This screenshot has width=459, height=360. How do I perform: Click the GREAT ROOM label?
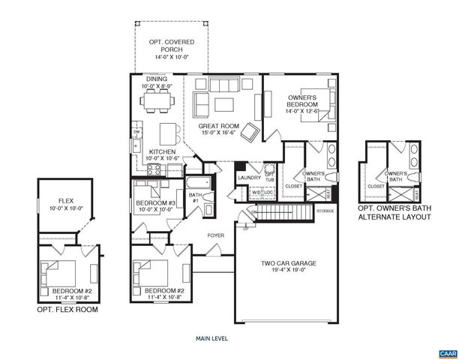pyautogui.click(x=217, y=130)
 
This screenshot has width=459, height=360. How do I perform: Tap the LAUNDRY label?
pyautogui.click(x=247, y=178)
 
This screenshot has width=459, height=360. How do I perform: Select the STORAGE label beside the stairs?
pyautogui.click(x=325, y=211)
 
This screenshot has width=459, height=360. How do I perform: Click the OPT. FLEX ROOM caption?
pyautogui.click(x=67, y=309)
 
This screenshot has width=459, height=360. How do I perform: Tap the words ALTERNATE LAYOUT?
pyautogui.click(x=394, y=217)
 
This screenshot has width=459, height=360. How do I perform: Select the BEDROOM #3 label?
pyautogui.click(x=155, y=206)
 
